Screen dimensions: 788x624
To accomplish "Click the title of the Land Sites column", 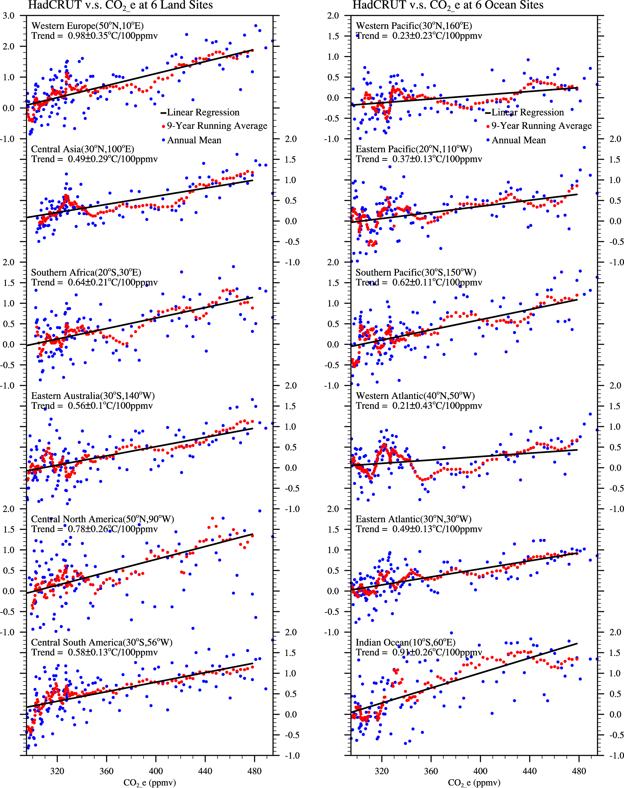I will click(x=120, y=5).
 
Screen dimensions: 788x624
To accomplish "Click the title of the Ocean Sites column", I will click(x=448, y=5).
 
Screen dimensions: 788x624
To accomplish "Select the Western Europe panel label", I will click(x=87, y=26).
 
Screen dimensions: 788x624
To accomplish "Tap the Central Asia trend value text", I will click(x=94, y=159).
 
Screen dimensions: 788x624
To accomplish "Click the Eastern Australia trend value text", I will click(x=92, y=406).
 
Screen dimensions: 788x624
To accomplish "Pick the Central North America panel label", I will click(x=102, y=519).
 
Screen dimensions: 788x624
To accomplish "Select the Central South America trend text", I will click(x=94, y=652).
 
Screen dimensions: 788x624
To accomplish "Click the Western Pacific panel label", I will click(x=413, y=26).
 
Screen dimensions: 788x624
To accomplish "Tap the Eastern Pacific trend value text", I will click(x=419, y=159).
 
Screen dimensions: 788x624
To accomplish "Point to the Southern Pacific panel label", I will click(x=415, y=272).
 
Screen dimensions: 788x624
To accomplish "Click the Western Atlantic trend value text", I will click(x=419, y=406).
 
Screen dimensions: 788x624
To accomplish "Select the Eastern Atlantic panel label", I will click(x=413, y=519).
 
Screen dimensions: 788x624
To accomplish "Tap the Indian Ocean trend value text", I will click(x=419, y=652).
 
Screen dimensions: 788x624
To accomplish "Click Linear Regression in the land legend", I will click(x=203, y=112).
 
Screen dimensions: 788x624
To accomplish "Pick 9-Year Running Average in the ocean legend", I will click(x=541, y=126).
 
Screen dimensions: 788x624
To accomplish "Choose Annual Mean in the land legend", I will click(x=194, y=140).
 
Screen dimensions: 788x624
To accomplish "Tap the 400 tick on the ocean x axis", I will click(x=480, y=771).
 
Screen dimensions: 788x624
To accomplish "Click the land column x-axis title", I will click(x=149, y=782).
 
